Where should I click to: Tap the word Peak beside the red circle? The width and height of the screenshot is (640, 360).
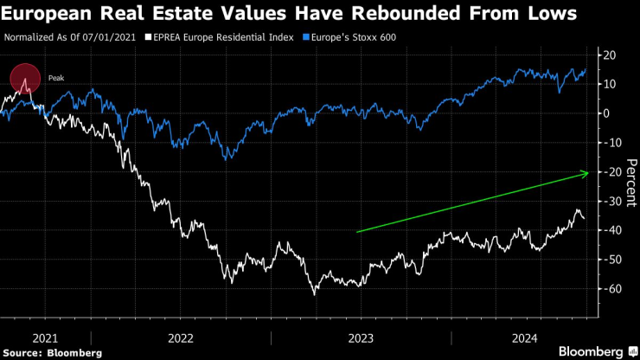pyautogui.click(x=56, y=78)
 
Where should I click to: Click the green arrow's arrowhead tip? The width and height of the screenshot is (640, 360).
pyautogui.click(x=588, y=173)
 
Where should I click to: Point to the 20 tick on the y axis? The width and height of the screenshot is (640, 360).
pyautogui.click(x=610, y=55)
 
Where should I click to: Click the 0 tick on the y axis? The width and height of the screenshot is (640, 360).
pyautogui.click(x=607, y=113)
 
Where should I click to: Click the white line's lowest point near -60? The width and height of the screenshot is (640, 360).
pyautogui.click(x=314, y=295)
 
